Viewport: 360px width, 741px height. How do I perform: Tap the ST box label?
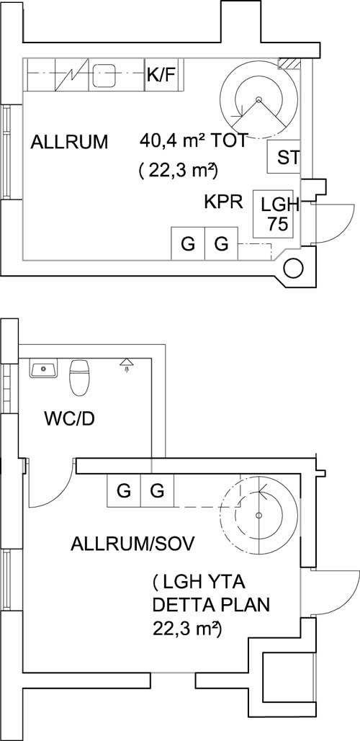coord(288,158)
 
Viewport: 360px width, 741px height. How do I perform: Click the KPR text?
coord(223,202)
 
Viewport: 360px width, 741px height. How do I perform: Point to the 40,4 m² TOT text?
coord(193,141)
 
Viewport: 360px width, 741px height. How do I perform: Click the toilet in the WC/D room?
coord(79,377)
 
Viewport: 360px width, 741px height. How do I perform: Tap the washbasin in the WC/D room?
coord(44,368)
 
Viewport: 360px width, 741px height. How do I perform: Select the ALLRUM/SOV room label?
coord(132,544)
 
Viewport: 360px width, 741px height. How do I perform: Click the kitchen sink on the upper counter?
coord(104,75)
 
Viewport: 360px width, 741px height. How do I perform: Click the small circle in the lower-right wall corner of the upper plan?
coord(293,269)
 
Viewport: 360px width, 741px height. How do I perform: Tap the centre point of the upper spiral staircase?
coord(258,99)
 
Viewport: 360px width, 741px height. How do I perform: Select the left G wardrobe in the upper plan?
coord(188,243)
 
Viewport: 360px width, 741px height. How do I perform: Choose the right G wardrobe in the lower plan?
coord(158,491)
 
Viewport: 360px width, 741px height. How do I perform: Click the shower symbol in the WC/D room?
coord(125,364)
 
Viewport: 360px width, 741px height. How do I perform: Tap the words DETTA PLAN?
coord(212,605)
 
